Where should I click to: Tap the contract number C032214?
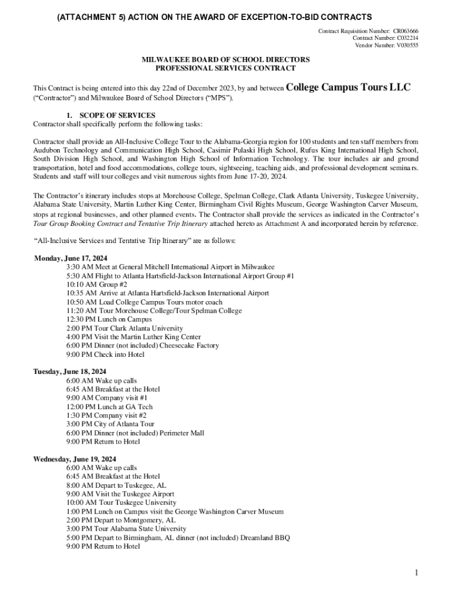point(404,38)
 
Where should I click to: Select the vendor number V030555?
point(405,45)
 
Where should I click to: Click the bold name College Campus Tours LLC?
point(349,88)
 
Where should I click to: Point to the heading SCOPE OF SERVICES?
point(112,115)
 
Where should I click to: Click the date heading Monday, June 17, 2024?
point(71,258)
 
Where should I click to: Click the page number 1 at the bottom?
point(415,573)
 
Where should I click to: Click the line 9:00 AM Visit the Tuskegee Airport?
point(120,494)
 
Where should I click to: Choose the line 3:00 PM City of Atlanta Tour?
point(111,424)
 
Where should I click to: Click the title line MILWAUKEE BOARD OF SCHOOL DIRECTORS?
point(226,60)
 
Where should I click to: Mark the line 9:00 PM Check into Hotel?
point(105,354)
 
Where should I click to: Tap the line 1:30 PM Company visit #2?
point(107,415)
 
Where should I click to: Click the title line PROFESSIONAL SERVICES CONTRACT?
point(226,68)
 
